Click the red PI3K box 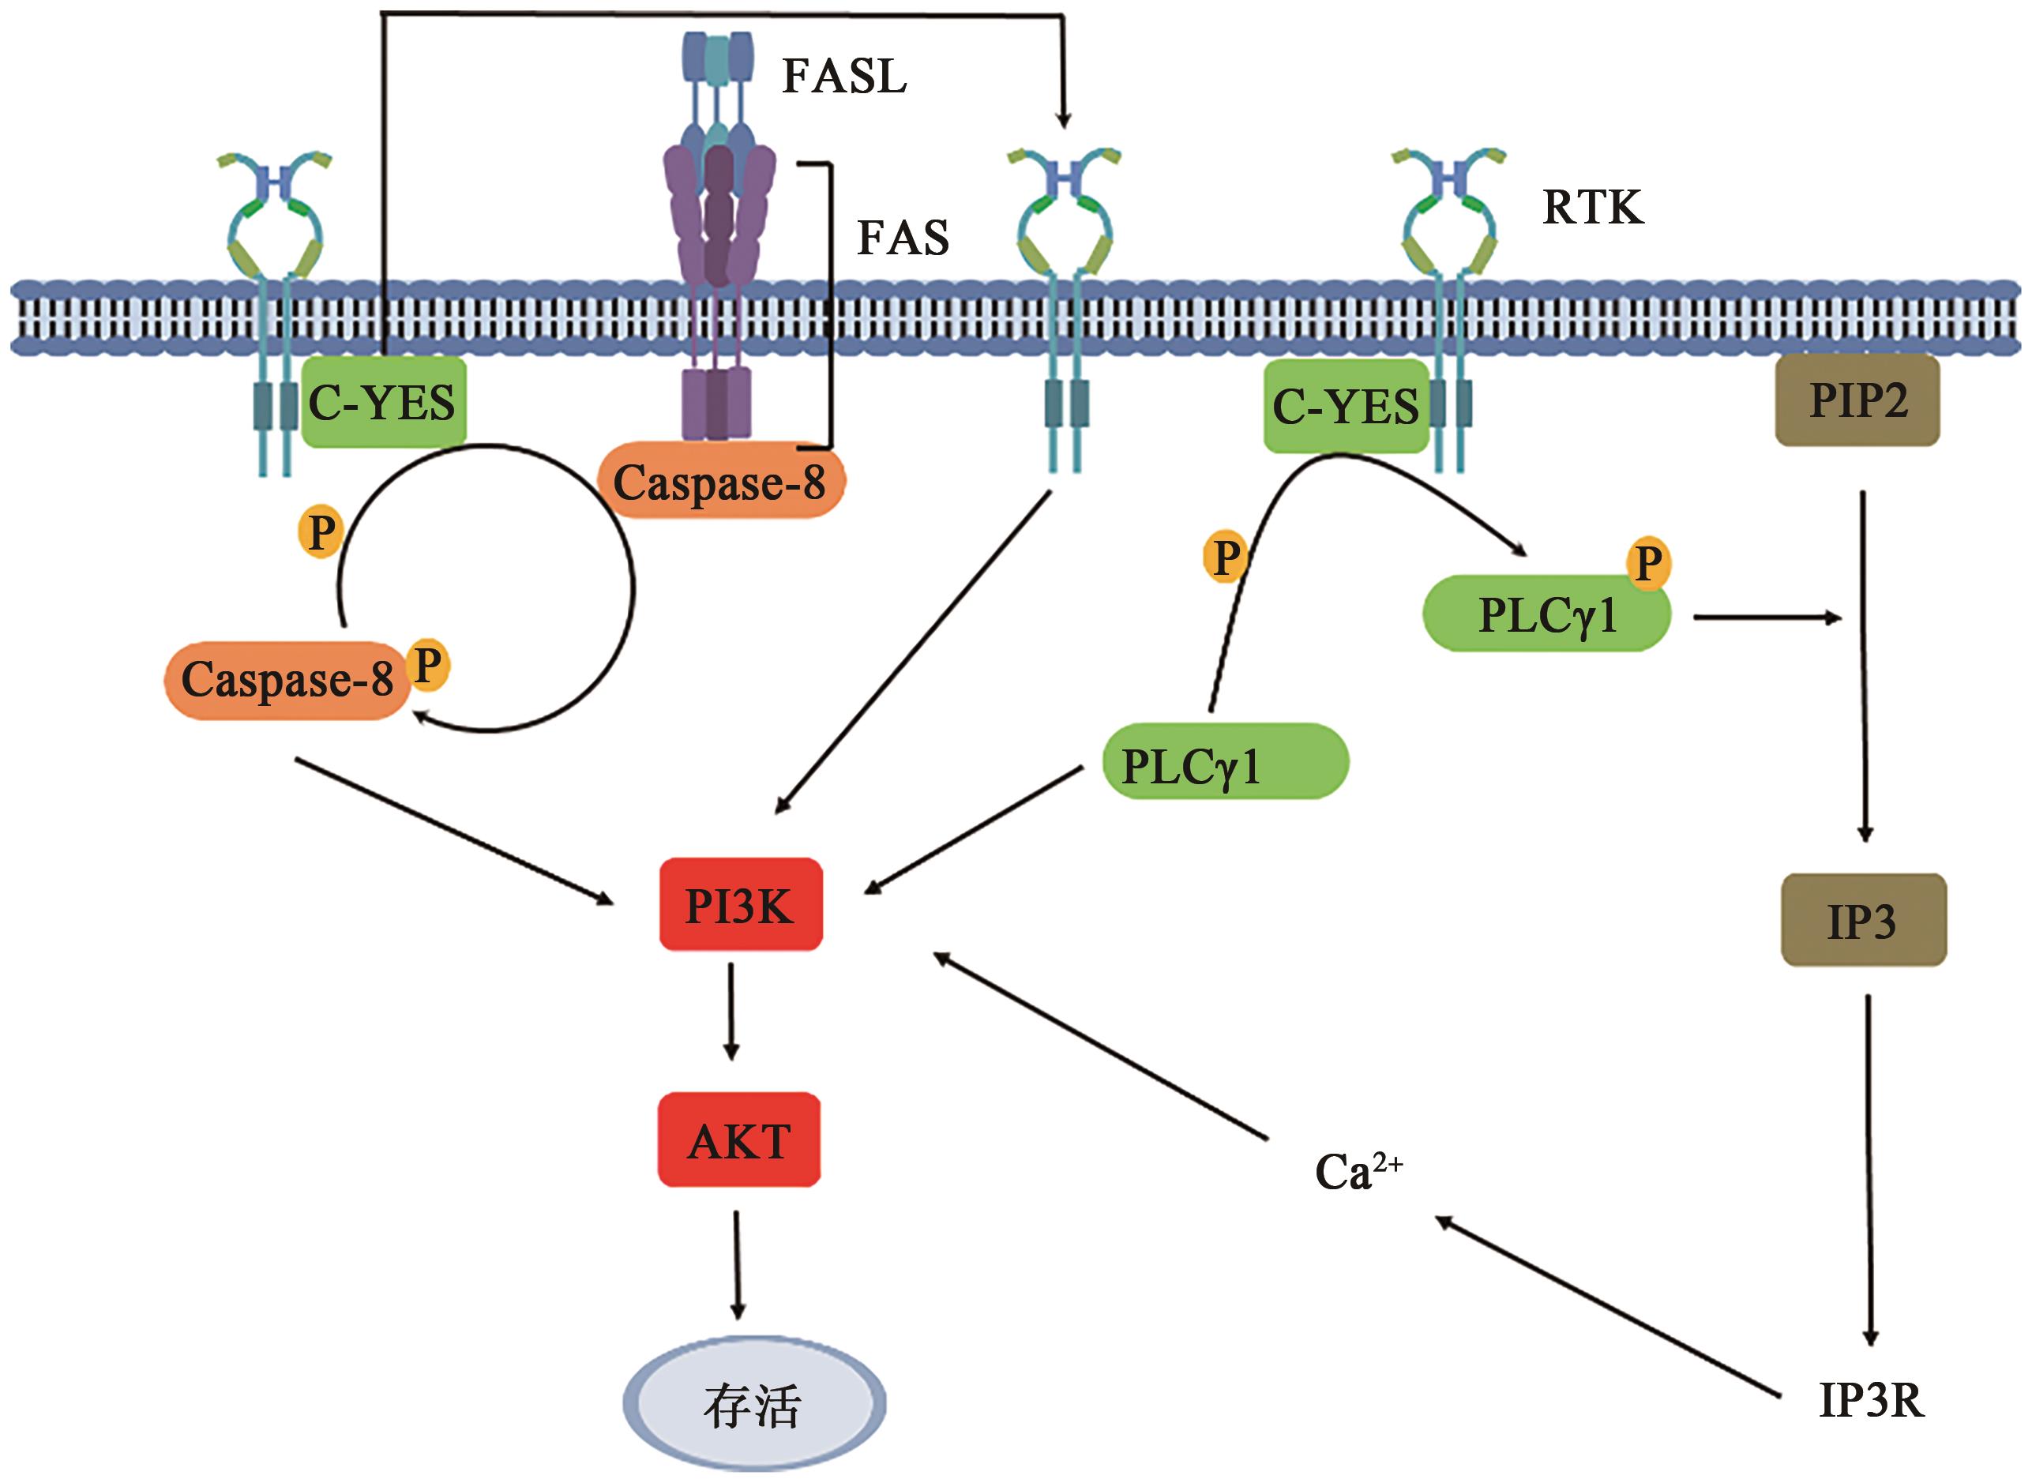pyautogui.click(x=741, y=904)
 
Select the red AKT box pyautogui.click(x=739, y=1140)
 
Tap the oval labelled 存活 pyautogui.click(x=754, y=1405)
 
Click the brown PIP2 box pyautogui.click(x=1857, y=400)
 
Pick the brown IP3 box pyautogui.click(x=1863, y=920)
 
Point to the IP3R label pyautogui.click(x=1872, y=1400)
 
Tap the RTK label pyautogui.click(x=1592, y=208)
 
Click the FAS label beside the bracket pyautogui.click(x=903, y=238)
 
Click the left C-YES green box pyautogui.click(x=382, y=402)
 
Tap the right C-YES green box pyautogui.click(x=1346, y=407)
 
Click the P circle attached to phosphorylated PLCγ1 pyautogui.click(x=1648, y=564)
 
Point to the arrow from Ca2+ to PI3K pyautogui.click(x=1099, y=1046)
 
